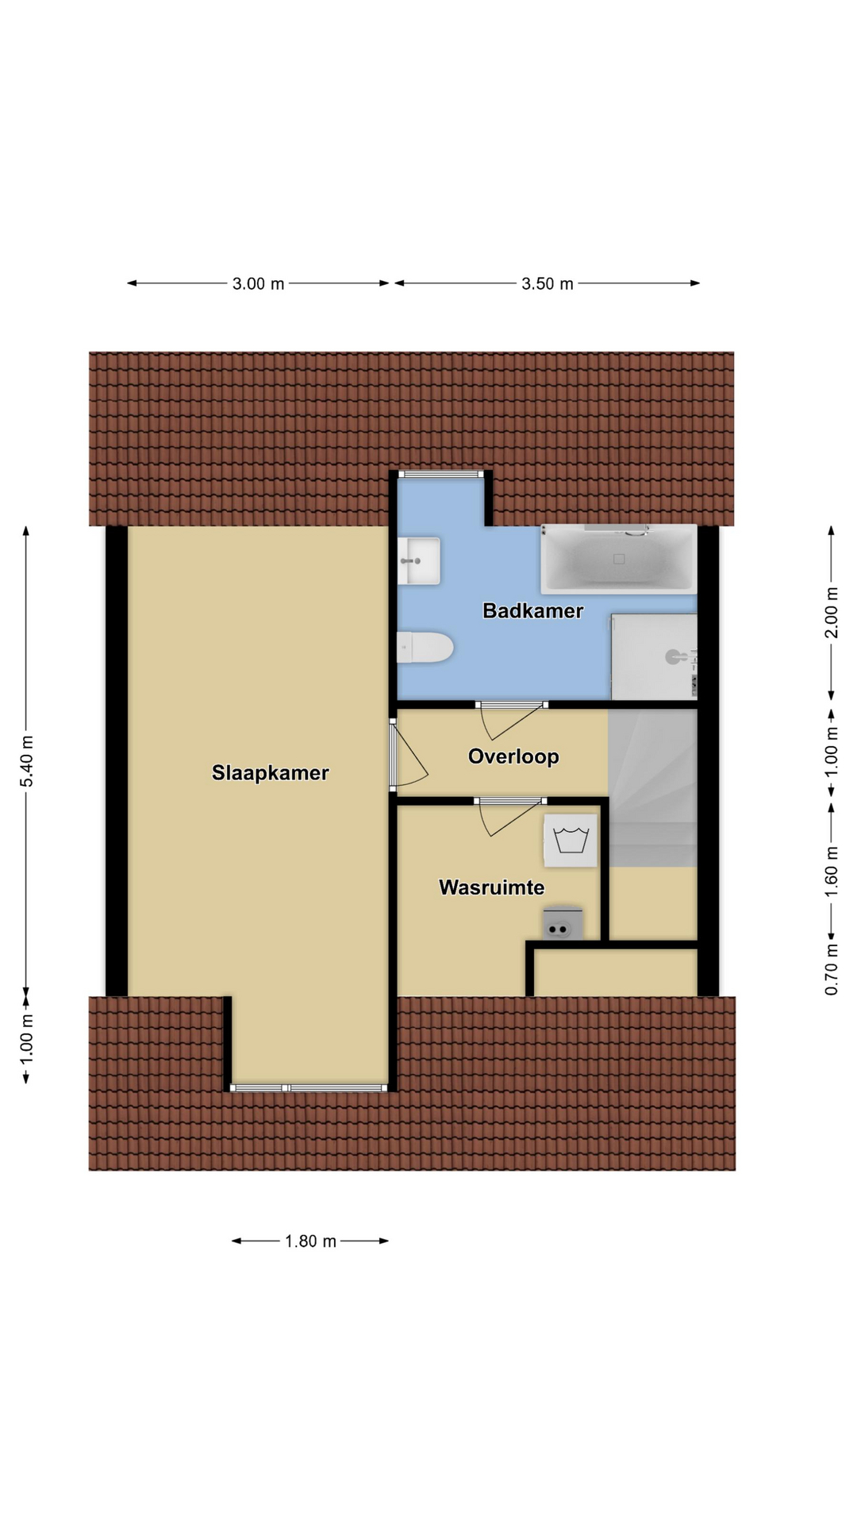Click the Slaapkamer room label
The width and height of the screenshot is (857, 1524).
(270, 773)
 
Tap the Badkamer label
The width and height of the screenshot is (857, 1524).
(532, 610)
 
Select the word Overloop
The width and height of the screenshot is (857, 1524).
(513, 756)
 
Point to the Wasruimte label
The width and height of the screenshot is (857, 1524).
(491, 887)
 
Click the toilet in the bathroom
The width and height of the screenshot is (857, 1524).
(425, 647)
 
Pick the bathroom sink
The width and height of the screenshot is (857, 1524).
(418, 560)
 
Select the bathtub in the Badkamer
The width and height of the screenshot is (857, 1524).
(618, 559)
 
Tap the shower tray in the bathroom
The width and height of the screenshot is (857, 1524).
(654, 656)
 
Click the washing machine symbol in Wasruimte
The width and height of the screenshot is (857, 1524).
(570, 840)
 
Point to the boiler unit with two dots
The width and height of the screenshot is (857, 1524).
(562, 925)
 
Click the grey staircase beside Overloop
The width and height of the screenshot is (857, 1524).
(652, 787)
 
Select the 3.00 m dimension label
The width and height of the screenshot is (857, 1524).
(258, 283)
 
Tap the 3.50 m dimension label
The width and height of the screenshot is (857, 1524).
(547, 283)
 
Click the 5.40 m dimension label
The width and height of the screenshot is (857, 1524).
(27, 761)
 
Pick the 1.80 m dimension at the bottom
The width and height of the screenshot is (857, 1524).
(311, 1241)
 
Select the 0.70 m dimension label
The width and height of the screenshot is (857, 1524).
(831, 968)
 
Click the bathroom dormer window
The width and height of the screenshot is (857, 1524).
(441, 474)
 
